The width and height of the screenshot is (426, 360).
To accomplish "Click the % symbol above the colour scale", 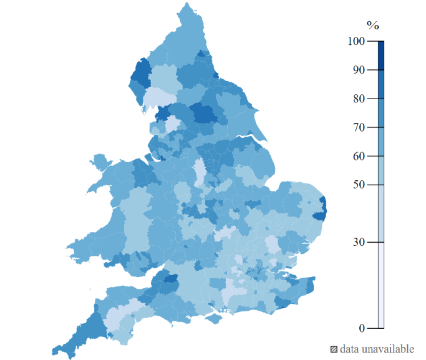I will coord(372,26).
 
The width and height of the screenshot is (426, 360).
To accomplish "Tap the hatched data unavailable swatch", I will coord(334,349).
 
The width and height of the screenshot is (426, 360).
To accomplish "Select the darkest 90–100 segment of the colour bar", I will coord(380,56).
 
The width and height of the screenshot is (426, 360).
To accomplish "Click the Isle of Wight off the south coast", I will coord(215,319).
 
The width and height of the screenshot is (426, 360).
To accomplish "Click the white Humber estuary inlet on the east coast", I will coord(251,138).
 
